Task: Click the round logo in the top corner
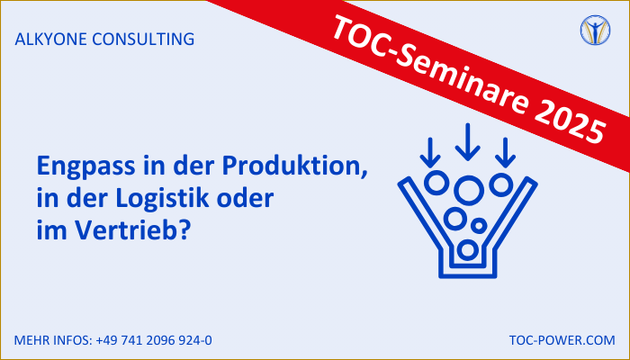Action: [x=595, y=30]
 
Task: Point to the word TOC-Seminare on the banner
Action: [x=430, y=65]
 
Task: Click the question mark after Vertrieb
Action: [x=183, y=230]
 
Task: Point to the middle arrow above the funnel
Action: [x=468, y=142]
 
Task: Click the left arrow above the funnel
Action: [x=430, y=153]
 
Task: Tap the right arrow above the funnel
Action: [x=506, y=153]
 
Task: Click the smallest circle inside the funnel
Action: [x=479, y=226]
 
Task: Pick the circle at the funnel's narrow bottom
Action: [x=468, y=249]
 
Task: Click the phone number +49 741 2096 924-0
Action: [x=154, y=340]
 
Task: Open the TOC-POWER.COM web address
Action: [x=562, y=340]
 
